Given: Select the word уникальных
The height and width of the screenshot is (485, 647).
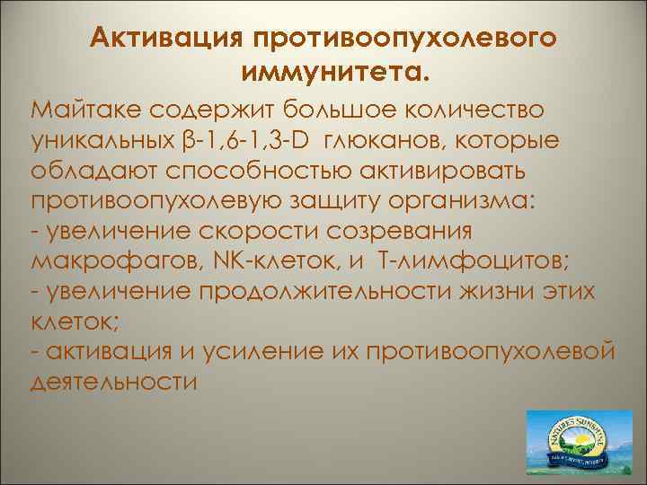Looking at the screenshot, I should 100,141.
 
